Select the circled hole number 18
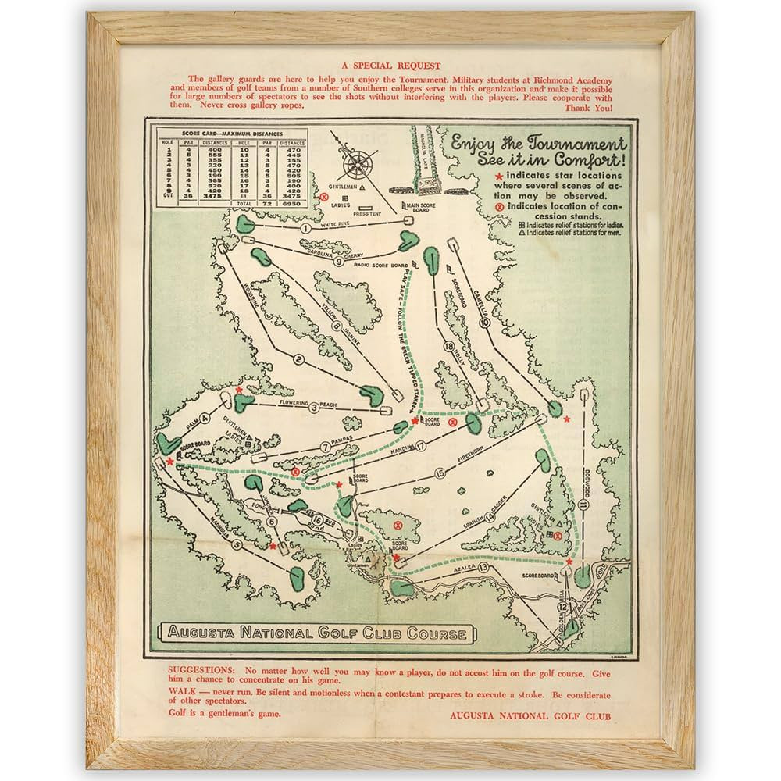pos(448,346)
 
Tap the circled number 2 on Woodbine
pos(298,359)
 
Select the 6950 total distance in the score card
pos(291,203)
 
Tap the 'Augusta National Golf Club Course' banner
pos(315,633)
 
